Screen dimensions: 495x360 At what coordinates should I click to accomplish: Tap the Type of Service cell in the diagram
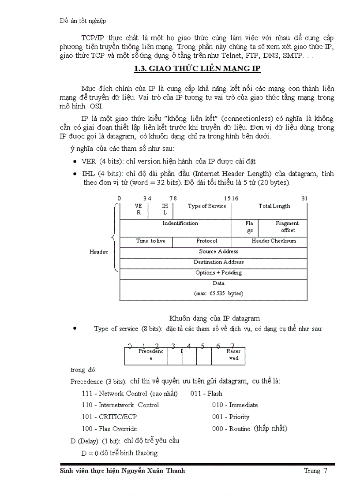click(206, 206)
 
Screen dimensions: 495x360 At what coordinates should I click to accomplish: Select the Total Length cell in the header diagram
click(274, 206)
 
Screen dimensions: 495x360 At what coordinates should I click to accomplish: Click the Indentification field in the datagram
click(180, 223)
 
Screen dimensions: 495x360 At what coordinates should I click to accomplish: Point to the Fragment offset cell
click(287, 227)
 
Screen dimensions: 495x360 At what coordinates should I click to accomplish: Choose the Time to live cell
click(150, 241)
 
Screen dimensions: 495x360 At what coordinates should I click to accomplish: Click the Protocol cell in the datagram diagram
click(206, 241)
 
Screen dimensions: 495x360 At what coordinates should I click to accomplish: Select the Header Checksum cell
click(274, 241)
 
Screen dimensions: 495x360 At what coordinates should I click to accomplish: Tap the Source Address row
click(218, 252)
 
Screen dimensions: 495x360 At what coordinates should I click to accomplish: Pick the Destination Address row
click(218, 262)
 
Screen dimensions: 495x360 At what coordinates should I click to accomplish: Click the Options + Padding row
click(218, 273)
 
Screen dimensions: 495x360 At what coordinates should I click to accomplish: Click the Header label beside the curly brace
click(98, 252)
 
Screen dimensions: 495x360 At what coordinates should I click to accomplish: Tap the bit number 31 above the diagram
click(304, 198)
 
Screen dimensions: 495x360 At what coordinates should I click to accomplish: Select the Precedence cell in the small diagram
click(150, 355)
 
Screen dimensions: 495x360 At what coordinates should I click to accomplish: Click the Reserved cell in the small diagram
click(233, 355)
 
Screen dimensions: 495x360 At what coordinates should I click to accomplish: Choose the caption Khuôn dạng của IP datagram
click(214, 318)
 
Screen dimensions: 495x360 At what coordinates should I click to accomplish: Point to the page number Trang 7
click(315, 471)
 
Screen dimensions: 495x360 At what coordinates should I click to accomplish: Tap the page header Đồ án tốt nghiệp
click(82, 21)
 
